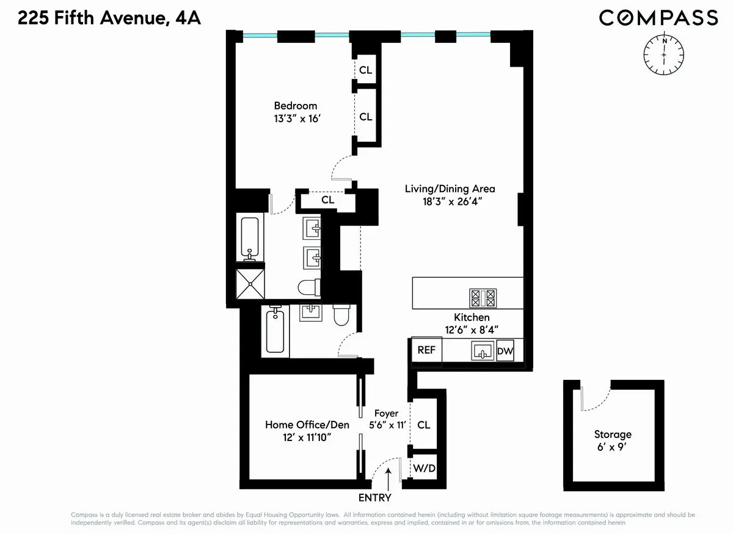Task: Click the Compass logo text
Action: pos(658,18)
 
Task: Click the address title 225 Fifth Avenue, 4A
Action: pos(109,19)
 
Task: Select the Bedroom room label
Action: pos(295,106)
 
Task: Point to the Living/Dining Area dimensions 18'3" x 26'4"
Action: pos(449,202)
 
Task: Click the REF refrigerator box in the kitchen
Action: pos(426,350)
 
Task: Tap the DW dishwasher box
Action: pos(505,352)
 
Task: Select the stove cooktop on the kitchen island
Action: pos(483,298)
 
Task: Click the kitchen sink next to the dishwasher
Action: pos(483,351)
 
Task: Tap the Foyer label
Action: pos(386,413)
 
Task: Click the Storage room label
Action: pos(613,434)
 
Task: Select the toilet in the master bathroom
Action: pos(307,287)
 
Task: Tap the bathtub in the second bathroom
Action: pos(276,331)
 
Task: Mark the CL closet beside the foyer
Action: pos(423,425)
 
